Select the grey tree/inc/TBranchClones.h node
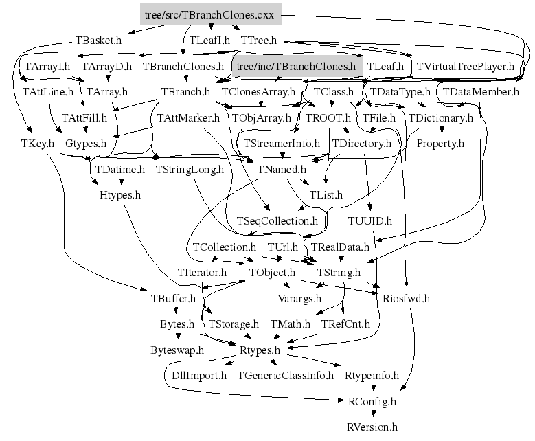[296, 67]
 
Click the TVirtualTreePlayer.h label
[466, 67]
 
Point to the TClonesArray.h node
[258, 91]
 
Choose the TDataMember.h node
[481, 91]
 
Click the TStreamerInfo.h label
[282, 144]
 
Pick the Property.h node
[440, 144]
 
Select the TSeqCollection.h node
[277, 221]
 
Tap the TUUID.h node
[370, 221]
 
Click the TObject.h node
[272, 273]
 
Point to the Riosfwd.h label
[405, 298]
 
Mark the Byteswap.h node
[177, 350]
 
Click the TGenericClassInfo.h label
[285, 376]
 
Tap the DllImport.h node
[198, 376]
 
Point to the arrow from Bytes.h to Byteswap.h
[178, 336]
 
